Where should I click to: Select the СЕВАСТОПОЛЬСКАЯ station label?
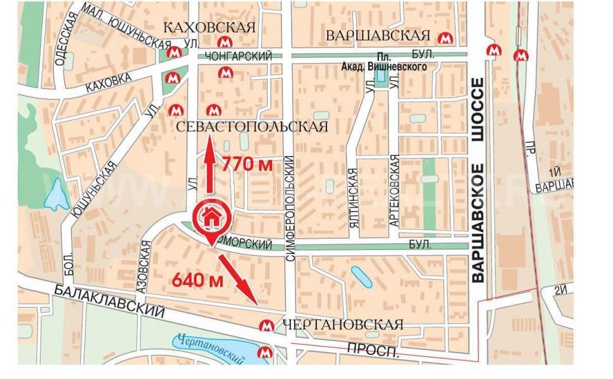point(252,127)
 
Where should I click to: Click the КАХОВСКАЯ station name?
point(209,28)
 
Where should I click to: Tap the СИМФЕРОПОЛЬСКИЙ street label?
point(290,198)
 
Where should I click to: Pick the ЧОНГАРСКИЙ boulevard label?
point(244,57)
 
